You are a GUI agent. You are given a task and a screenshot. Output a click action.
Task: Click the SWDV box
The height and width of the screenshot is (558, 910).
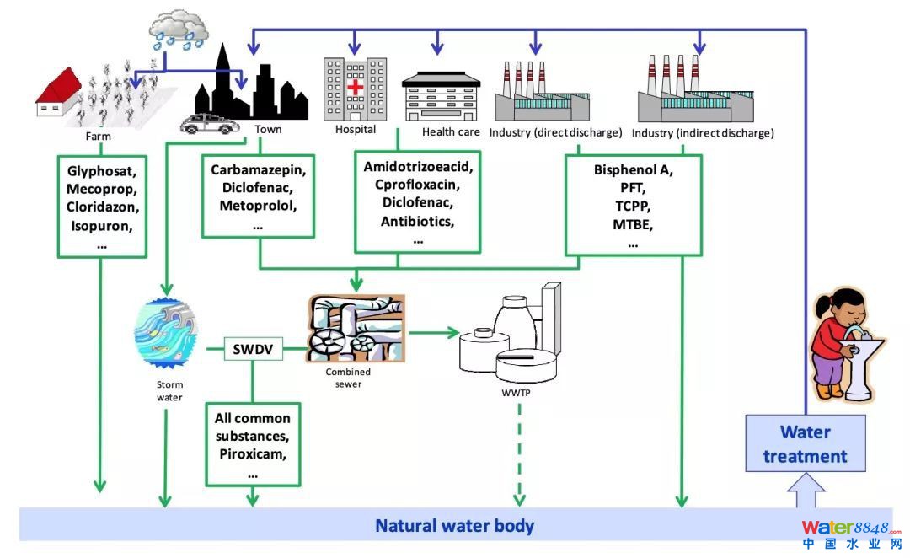(x=253, y=348)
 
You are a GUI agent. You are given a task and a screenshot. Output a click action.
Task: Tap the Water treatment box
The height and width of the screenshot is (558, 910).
(x=805, y=444)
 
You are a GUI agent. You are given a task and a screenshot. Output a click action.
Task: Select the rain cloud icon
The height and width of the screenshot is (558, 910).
(x=179, y=28)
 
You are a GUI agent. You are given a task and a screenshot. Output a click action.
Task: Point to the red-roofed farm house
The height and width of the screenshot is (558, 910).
(x=57, y=94)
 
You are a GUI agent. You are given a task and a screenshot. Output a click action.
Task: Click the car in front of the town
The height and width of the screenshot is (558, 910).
(x=209, y=124)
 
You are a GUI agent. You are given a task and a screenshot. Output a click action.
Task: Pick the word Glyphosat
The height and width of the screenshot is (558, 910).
(x=101, y=171)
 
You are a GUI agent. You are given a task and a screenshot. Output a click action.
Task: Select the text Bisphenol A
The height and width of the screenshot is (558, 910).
(x=632, y=169)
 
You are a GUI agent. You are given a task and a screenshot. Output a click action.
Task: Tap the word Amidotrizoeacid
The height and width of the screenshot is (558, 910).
(x=418, y=166)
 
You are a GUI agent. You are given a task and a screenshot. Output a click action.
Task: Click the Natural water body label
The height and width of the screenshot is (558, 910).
(x=454, y=527)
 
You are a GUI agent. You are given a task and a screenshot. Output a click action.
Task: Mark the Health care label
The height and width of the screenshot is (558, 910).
(x=451, y=131)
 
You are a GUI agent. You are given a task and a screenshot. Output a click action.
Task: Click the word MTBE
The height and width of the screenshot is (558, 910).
(x=633, y=224)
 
